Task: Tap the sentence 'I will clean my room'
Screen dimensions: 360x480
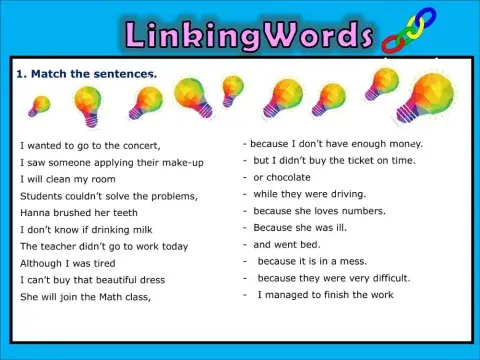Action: [x=67, y=179]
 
